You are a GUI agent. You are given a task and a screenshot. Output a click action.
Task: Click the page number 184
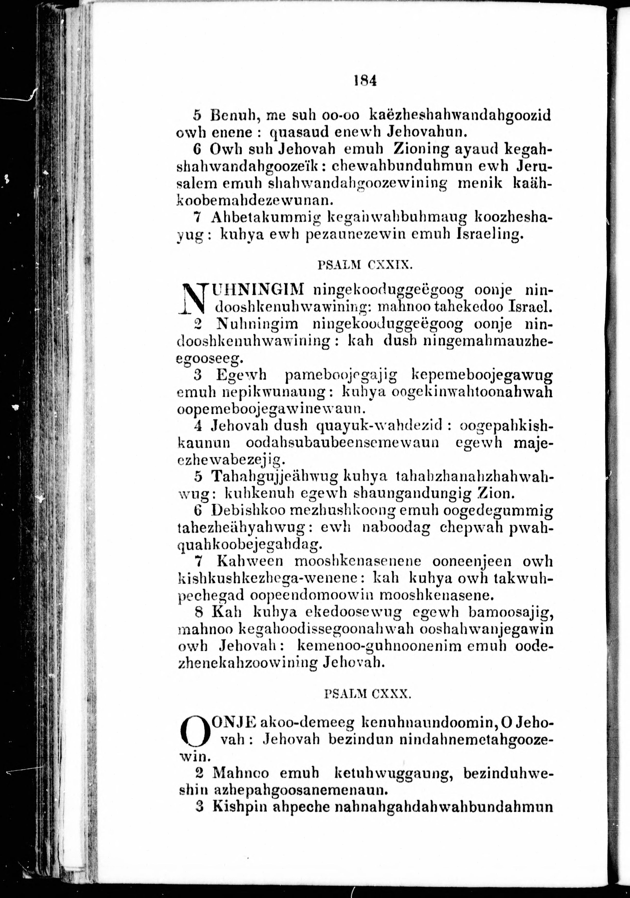(365, 81)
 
